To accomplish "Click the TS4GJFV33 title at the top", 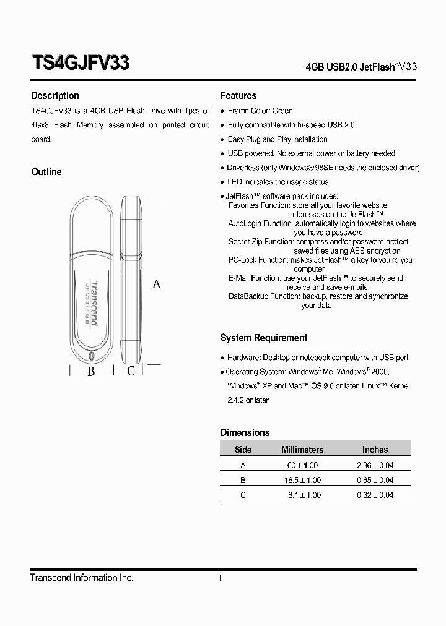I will (80, 64).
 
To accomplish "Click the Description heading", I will (55, 96).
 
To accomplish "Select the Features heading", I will (238, 96).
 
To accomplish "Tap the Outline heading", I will (46, 172).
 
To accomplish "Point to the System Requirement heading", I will (264, 338).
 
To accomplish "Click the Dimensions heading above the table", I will (245, 432).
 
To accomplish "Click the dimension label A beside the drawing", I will (157, 284).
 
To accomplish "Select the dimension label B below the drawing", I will (91, 371).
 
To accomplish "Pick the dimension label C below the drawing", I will (131, 371).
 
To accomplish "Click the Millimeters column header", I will (302, 450).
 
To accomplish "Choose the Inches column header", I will (375, 450).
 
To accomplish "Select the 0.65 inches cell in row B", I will (375, 480).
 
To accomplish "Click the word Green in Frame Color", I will (282, 111).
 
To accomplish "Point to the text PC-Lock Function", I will (251, 260).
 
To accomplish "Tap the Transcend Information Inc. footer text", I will (82, 578).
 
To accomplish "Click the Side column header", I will (243, 450).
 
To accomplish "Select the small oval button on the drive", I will (92, 356).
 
